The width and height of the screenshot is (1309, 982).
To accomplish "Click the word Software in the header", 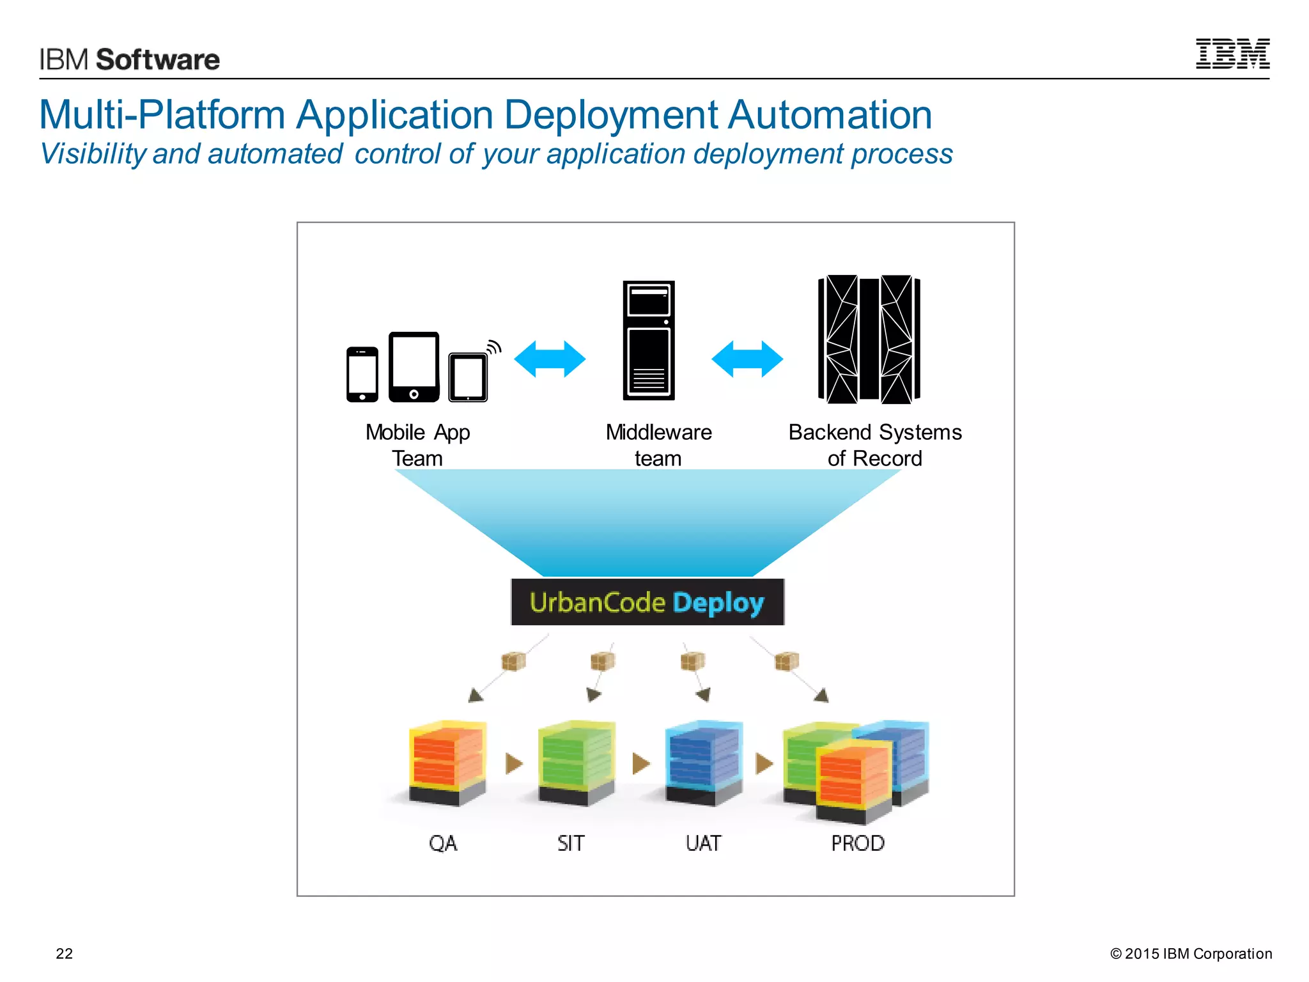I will pos(157,59).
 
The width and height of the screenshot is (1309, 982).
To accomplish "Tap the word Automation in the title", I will pos(830,115).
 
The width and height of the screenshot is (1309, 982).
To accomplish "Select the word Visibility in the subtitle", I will pos(93,154).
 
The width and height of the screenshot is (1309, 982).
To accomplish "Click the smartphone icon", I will pos(362,374).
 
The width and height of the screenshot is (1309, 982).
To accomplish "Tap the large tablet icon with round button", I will pos(414,366).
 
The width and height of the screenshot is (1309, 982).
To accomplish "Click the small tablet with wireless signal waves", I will pos(469,377).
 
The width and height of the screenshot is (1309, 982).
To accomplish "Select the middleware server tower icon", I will pos(649,340).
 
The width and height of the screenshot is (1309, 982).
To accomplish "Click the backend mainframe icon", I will pos(869,339).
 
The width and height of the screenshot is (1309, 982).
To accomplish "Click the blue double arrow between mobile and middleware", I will pos(550,359).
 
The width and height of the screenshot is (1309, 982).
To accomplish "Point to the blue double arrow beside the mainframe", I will pos(747,359).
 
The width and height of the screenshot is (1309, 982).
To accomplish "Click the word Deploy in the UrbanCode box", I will pos(718,603).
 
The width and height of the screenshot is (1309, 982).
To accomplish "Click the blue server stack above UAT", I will pos(704,761).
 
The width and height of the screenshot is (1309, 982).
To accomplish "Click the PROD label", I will pos(857,843).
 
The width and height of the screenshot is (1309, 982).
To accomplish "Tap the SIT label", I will pos(570,843).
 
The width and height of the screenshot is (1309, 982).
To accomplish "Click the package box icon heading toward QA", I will pos(513,661).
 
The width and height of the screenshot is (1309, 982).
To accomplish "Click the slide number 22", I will pos(65,953).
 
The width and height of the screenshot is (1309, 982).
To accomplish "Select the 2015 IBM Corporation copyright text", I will pos(1191,953).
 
